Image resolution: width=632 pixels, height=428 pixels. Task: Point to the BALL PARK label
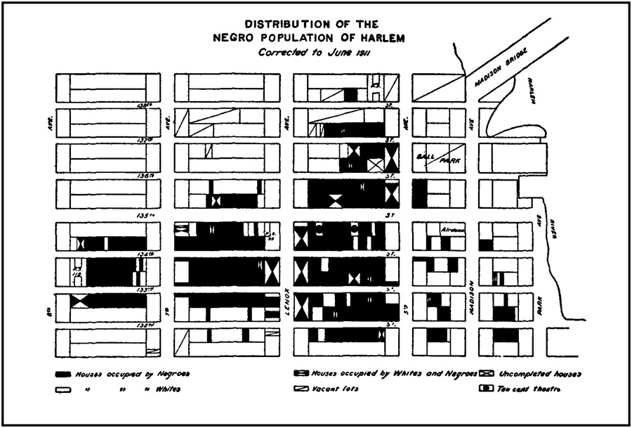pyautogui.click(x=437, y=158)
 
